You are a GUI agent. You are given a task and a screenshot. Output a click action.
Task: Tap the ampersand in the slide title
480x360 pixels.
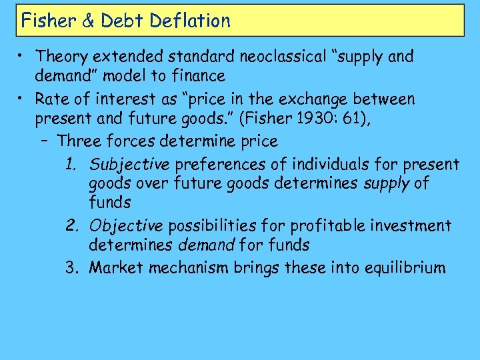tap(88, 21)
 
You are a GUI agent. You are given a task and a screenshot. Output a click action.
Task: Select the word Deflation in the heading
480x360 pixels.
tap(190, 21)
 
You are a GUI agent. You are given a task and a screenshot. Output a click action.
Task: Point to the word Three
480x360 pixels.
tap(77, 141)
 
